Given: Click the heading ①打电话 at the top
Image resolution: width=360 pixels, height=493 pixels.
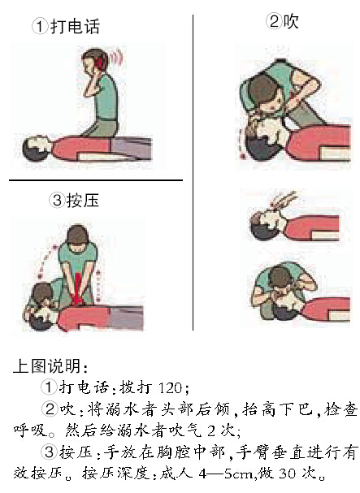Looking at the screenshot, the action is tap(66, 27).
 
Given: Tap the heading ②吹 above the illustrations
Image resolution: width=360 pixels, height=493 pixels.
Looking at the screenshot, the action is tap(282, 21).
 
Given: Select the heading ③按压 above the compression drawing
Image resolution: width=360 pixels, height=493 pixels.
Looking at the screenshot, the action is tap(74, 201).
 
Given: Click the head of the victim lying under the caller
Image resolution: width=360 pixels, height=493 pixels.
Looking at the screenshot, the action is tap(34, 149).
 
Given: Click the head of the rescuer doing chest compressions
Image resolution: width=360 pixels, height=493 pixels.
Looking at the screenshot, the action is tap(77, 238).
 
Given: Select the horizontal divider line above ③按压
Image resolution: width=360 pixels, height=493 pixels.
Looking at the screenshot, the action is tap(96, 180).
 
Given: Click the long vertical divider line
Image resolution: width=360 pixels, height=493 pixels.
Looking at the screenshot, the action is tap(193, 172).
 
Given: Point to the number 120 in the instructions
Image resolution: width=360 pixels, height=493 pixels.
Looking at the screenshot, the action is tap(170, 388).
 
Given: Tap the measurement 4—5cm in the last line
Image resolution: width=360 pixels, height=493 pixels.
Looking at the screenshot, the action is tap(226, 474).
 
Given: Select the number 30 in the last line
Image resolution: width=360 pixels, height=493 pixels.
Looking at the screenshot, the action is tap(288, 474).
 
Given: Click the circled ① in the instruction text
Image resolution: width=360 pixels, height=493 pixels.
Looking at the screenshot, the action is tap(49, 387).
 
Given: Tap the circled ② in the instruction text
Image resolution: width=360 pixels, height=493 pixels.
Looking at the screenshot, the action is tap(50, 409).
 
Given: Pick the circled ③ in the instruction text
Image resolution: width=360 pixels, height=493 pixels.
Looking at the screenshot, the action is tap(49, 452).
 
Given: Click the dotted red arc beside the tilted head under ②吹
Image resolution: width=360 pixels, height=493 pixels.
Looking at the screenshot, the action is tap(241, 143).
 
